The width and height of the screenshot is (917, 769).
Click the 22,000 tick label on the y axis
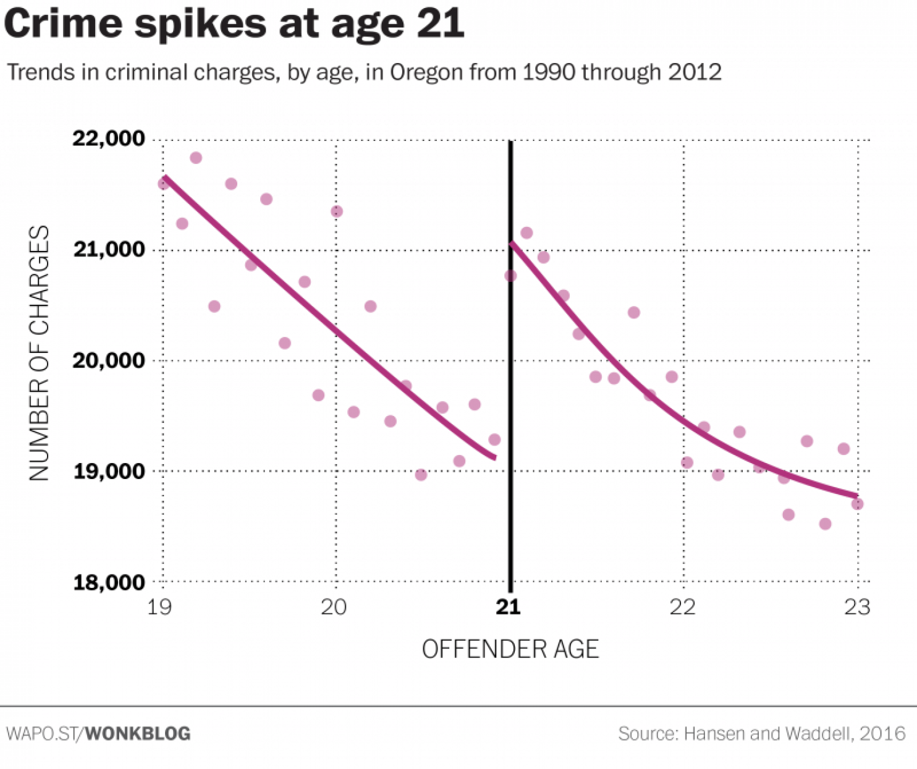click(x=108, y=138)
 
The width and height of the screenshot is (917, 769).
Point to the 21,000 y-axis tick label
click(x=108, y=250)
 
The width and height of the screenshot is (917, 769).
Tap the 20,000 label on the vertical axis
click(x=108, y=360)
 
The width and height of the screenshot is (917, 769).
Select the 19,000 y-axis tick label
click(x=108, y=472)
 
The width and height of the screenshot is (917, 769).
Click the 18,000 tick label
click(x=108, y=582)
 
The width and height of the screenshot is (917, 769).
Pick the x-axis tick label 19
click(x=159, y=608)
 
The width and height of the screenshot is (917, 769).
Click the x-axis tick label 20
click(x=334, y=608)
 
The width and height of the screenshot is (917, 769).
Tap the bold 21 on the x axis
click(x=509, y=608)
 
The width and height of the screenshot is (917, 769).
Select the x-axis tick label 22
click(x=682, y=608)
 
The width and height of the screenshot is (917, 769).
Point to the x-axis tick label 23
click(x=857, y=608)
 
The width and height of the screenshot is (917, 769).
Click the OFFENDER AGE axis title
click(x=510, y=650)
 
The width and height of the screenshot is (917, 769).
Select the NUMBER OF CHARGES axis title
click(x=39, y=353)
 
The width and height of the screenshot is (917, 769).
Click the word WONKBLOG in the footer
click(x=138, y=734)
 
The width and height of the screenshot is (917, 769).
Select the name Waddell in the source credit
click(x=817, y=734)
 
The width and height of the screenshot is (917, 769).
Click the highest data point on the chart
click(x=196, y=158)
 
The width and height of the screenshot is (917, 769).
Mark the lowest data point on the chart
click(x=825, y=524)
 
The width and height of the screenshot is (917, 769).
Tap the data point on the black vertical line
click(x=510, y=276)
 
